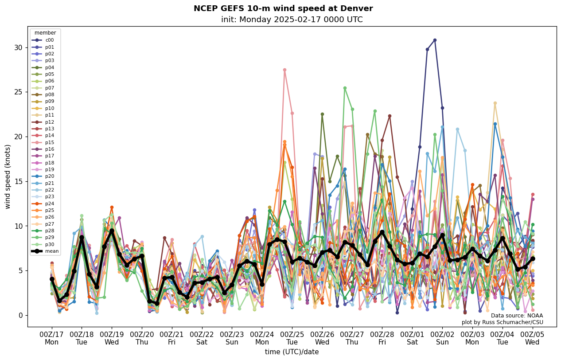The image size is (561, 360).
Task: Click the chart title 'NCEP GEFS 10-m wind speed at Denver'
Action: tap(283, 8)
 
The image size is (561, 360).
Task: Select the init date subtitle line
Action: tap(292, 20)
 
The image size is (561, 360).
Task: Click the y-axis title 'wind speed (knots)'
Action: tap(8, 176)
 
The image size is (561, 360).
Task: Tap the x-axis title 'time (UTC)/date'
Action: tap(292, 352)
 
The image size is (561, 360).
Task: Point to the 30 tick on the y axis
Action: tap(19, 47)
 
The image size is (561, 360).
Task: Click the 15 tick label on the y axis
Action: tap(19, 181)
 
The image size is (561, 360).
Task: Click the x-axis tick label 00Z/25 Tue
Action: tap(292, 338)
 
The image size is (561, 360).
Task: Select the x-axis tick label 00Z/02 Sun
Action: tap(442, 338)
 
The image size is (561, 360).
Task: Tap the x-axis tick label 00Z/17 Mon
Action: tap(51, 338)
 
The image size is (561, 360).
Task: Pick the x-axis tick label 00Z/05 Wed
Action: tap(532, 338)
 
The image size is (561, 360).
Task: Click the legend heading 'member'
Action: tap(45, 33)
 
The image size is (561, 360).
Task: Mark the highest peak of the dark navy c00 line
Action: tap(435, 40)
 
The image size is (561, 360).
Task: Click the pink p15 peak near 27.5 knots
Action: tap(284, 70)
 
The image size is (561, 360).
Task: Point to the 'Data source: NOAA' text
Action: tap(516, 316)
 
